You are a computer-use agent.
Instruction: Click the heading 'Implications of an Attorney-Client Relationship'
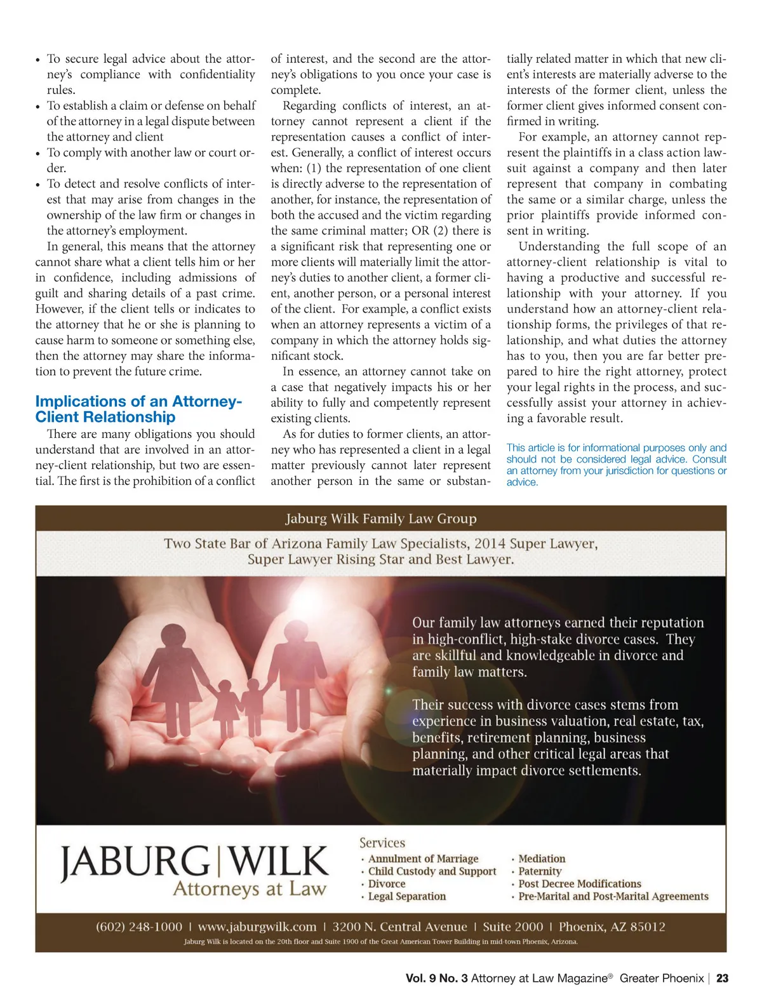pos(138,409)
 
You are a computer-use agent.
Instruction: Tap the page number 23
pos(722,979)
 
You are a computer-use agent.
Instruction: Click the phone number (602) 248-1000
pos(139,926)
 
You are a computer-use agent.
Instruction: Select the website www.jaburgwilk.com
pos(257,926)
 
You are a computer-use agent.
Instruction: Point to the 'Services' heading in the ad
pos(382,843)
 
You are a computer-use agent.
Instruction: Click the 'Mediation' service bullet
pos(541,858)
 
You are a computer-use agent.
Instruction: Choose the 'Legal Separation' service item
pos(406,896)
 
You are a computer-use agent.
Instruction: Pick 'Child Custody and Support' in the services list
pos(432,871)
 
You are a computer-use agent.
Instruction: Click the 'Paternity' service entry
pos(540,871)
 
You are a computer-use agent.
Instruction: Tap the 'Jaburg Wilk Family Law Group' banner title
pos(380,519)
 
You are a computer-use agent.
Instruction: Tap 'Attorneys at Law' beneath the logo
pos(250,888)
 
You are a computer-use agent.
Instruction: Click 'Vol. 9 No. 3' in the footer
pos(436,979)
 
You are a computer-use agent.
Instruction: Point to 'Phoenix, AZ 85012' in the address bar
pos(612,926)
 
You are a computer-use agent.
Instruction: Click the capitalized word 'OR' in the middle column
pos(421,231)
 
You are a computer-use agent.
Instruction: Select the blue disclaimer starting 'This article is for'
pos(616,465)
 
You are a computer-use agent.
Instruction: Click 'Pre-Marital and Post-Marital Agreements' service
pos(613,896)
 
